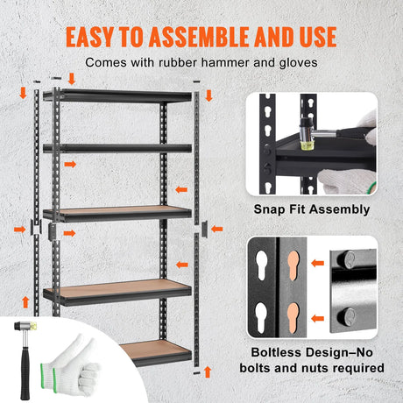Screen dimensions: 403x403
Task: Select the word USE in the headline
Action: (311, 37)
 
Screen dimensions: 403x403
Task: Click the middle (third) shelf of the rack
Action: (116, 212)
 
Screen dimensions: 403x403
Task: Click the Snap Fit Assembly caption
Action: (311, 209)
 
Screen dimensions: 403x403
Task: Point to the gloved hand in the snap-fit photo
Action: (349, 180)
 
